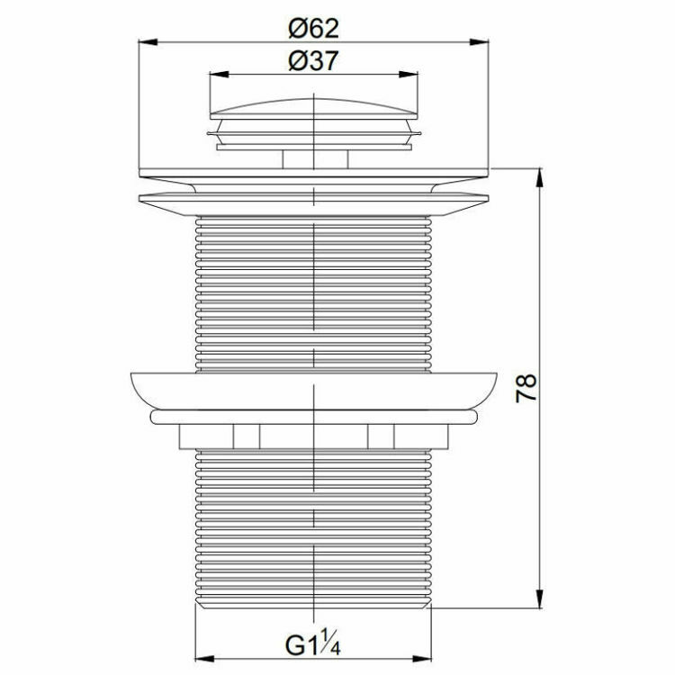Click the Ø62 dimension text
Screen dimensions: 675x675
[x=313, y=28]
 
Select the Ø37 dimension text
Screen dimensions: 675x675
[x=313, y=61]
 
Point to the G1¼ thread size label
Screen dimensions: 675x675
[x=313, y=646]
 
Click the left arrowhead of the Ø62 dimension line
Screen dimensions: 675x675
[x=144, y=40]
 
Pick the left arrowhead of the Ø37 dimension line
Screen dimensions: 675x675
[x=215, y=75]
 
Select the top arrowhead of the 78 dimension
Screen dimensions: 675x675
[x=540, y=176]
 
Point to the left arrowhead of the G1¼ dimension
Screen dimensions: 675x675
[x=202, y=658]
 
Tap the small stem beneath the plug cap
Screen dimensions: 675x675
[x=313, y=158]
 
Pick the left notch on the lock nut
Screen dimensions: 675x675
[x=247, y=436]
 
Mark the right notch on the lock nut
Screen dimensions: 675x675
[x=381, y=436]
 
